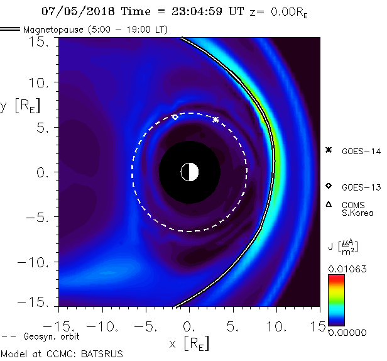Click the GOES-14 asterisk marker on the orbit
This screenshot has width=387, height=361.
(215, 119)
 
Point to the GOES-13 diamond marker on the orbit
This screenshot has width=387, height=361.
(175, 117)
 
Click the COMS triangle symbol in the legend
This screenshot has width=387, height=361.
(329, 204)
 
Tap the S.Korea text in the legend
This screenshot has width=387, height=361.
(357, 213)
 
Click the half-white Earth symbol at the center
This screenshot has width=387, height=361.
(189, 172)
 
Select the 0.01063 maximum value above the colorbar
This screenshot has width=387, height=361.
(344, 269)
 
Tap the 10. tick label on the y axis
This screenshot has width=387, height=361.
(41, 83)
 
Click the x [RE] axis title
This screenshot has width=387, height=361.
(188, 343)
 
